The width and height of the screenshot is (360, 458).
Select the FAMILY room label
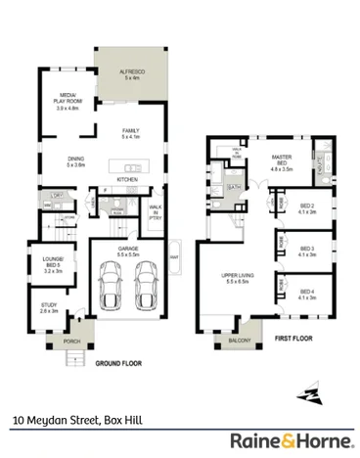pos(131,133)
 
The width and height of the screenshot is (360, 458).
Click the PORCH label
pos(70,342)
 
